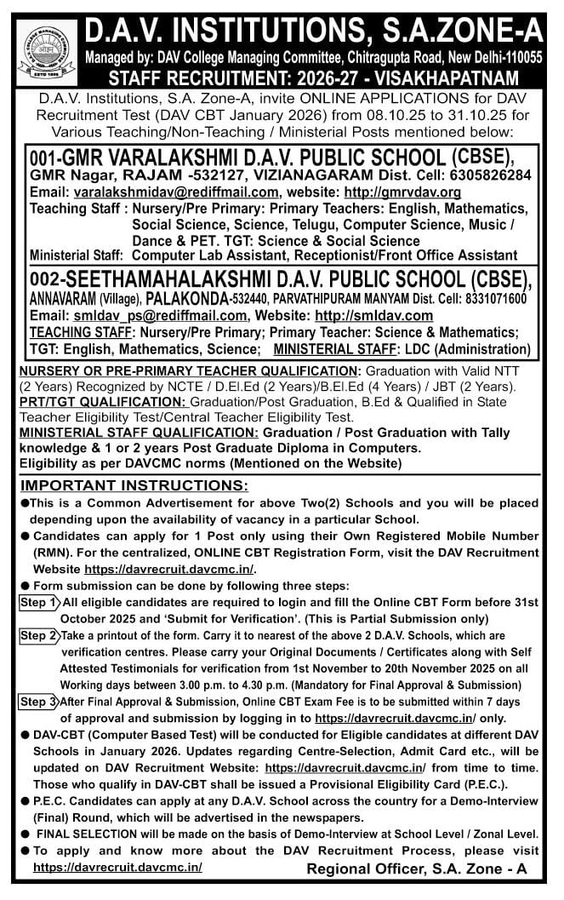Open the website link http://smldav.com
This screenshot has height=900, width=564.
pos(373,316)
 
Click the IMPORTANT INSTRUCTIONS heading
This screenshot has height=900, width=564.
pos(134,486)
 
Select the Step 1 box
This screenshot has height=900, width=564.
pos(38,603)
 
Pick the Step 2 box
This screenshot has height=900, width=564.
pos(38,636)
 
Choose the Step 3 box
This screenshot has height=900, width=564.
pos(38,702)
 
